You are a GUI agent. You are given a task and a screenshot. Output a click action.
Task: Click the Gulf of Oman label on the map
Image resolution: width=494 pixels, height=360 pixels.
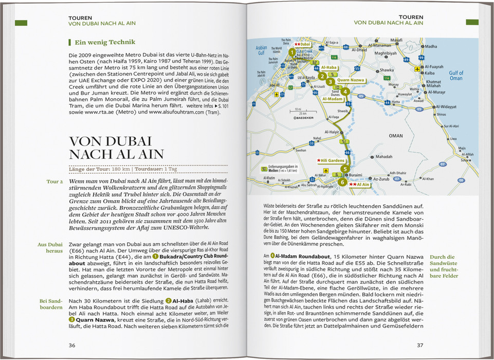pos(456,76)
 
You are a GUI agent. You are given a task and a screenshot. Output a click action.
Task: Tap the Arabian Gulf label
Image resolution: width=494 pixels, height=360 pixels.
pos(262,50)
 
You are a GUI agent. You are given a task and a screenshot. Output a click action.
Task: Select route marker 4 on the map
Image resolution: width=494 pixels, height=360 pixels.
pos(345,92)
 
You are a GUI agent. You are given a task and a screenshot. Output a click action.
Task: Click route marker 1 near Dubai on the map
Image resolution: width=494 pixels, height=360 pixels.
pos(291,52)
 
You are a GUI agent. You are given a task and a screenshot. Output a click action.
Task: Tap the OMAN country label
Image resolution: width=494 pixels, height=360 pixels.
pos(396,136)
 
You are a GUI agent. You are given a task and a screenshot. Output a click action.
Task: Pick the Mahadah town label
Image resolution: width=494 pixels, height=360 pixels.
pos(383,156)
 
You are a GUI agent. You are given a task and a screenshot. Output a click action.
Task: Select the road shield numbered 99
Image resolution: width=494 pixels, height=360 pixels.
pos(422,57)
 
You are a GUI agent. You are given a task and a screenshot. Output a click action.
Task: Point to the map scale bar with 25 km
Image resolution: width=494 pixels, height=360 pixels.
pos(298,112)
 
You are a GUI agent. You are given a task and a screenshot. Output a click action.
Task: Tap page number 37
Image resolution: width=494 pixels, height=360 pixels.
pos(420,345)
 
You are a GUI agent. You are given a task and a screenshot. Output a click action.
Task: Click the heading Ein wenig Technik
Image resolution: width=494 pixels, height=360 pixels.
pos(98,42)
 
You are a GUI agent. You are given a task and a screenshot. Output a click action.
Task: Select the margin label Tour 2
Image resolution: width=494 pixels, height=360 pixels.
pos(54,182)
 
